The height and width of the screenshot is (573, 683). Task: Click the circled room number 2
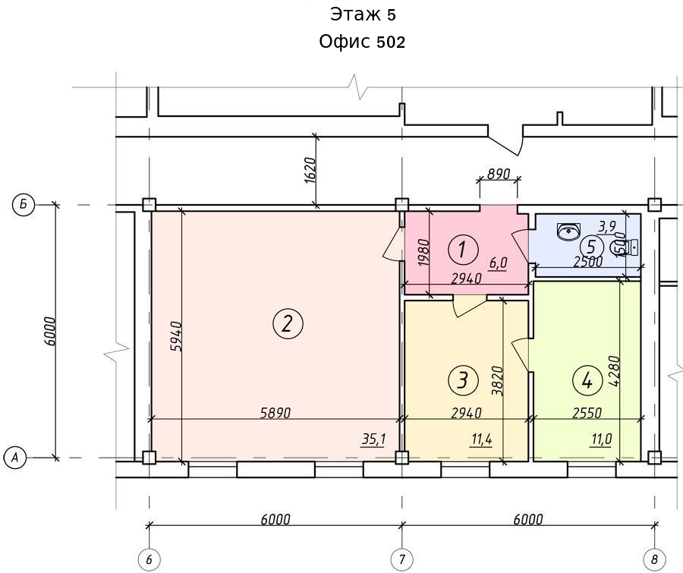(x=288, y=324)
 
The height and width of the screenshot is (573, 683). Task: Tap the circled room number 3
(x=463, y=379)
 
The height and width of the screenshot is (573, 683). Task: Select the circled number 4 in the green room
(x=587, y=381)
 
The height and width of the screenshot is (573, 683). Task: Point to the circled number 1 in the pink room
(x=463, y=250)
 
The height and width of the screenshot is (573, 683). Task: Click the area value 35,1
(x=373, y=439)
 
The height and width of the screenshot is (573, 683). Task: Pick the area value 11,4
(x=482, y=439)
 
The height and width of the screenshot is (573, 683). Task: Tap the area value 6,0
(x=499, y=263)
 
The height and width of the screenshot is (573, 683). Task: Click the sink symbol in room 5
(x=569, y=231)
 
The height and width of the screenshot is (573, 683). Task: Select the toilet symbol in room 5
(x=625, y=247)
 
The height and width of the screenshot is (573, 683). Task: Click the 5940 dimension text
(x=176, y=336)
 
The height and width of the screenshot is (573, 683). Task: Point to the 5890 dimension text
(x=275, y=412)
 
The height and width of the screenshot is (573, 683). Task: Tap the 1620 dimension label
(x=310, y=170)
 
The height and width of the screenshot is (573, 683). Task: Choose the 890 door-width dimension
(x=499, y=174)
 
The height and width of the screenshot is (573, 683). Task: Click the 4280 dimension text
(x=615, y=371)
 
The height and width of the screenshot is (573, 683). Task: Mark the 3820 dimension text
(x=497, y=381)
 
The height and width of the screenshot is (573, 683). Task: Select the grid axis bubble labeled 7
(x=401, y=559)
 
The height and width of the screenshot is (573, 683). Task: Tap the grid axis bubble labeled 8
(x=654, y=559)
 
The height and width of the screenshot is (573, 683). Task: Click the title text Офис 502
(x=362, y=42)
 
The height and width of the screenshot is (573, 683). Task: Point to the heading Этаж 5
(x=363, y=14)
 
